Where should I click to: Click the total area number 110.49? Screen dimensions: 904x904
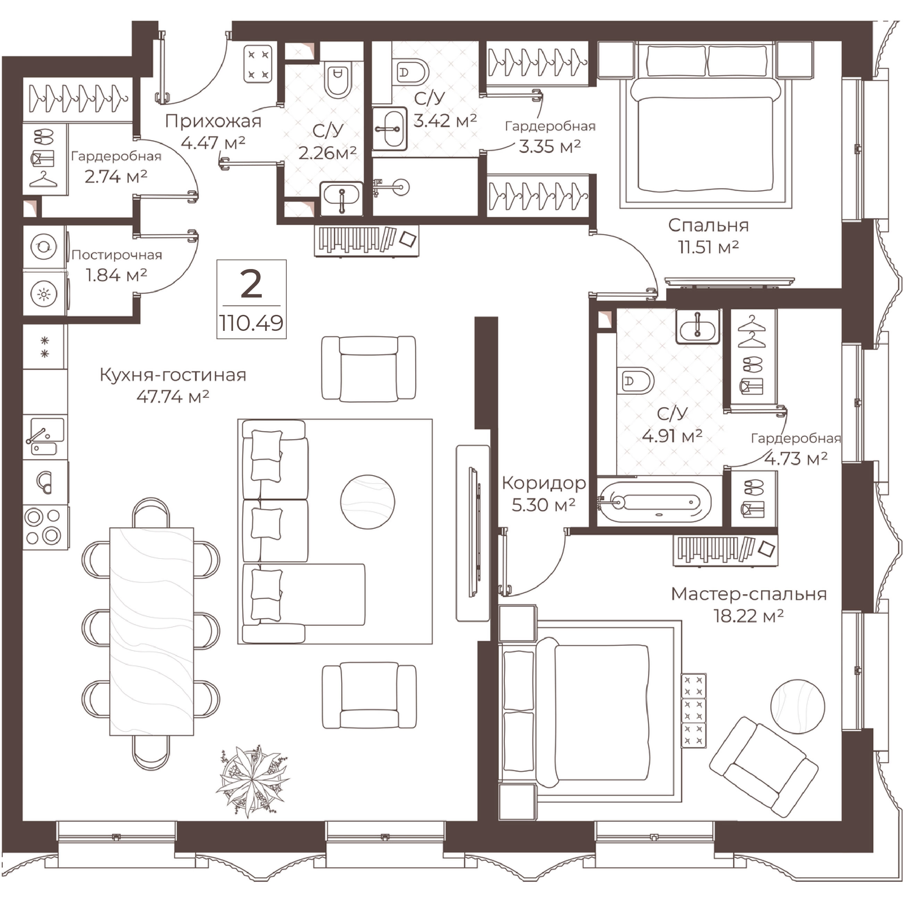pyautogui.click(x=251, y=323)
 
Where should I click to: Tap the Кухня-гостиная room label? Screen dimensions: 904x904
pyautogui.click(x=173, y=375)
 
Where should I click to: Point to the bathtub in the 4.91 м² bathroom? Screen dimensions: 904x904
pyautogui.click(x=655, y=502)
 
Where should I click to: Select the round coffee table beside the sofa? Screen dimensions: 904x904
pyautogui.click(x=367, y=502)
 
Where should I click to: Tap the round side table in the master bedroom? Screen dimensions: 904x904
pyautogui.click(x=797, y=706)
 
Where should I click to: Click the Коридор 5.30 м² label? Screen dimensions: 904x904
pyautogui.click(x=544, y=494)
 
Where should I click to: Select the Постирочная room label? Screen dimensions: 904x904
pyautogui.click(x=117, y=255)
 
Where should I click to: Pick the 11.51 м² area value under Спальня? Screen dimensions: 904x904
pyautogui.click(x=709, y=246)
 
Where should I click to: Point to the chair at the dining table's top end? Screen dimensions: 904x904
pyautogui.click(x=151, y=512)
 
